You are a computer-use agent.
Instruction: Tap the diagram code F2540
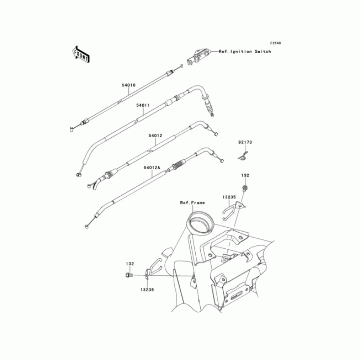[275, 43]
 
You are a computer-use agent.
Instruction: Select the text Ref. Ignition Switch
[245, 52]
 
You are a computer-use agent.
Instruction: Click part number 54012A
[152, 167]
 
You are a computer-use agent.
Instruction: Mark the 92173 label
[245, 142]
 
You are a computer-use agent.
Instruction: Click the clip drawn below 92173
[243, 156]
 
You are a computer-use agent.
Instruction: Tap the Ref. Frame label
[192, 203]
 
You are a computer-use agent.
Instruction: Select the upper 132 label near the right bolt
[245, 175]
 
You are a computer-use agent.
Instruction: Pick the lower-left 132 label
[130, 264]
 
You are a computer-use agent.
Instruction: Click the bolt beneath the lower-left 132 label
[128, 274]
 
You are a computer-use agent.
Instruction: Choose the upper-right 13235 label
[228, 197]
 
